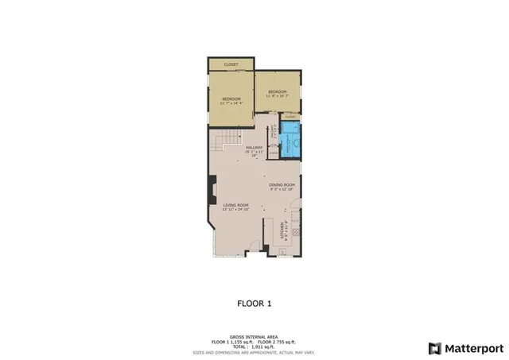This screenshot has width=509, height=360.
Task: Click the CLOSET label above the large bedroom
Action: click(231, 64)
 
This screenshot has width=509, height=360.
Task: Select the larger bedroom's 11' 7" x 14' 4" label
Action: click(231, 100)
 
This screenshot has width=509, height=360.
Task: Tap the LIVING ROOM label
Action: click(236, 207)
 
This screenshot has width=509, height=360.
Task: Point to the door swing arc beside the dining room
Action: click(295, 213)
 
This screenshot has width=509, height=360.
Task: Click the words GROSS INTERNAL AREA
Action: click(254, 337)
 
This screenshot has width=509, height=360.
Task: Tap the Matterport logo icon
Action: click(433, 347)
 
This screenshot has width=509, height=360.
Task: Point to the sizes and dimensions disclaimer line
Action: click(254, 350)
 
